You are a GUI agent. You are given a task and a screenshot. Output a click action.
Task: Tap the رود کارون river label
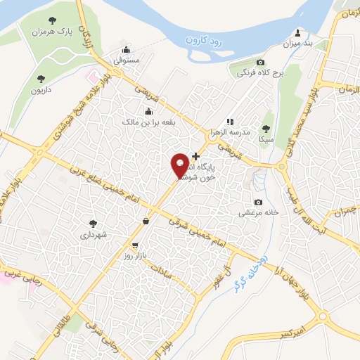click(207, 40)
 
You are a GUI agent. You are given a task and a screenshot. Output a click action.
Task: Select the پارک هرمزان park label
click(56, 32)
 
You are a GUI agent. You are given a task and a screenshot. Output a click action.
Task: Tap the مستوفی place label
click(127, 60)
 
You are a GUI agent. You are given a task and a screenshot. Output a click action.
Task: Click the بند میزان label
click(297, 44)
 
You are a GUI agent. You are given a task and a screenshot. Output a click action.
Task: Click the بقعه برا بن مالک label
click(148, 122)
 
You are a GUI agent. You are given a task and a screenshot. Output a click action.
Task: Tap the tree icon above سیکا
click(265, 128)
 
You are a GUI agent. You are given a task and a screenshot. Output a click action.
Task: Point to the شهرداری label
click(92, 235)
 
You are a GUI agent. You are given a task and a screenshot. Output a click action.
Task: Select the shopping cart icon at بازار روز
click(134, 247)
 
